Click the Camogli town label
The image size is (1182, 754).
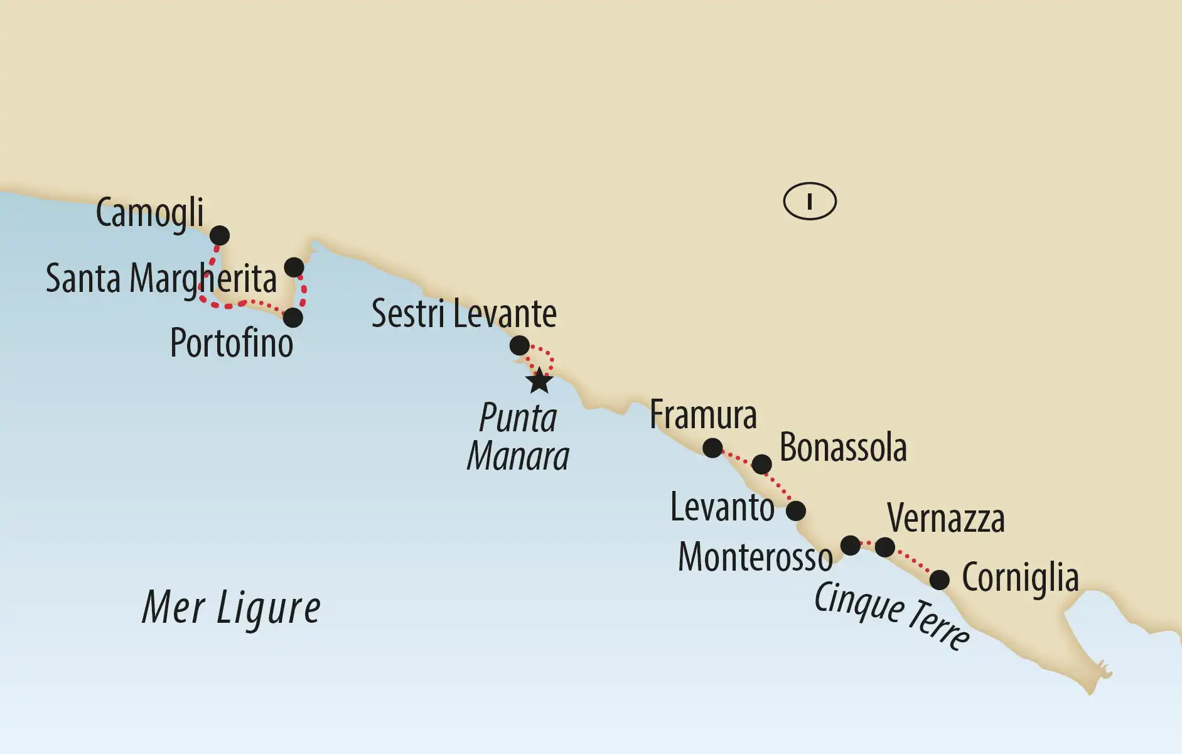pyautogui.click(x=149, y=213)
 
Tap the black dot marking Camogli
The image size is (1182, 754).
pyautogui.click(x=220, y=235)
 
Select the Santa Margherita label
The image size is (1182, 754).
pyautogui.click(x=161, y=279)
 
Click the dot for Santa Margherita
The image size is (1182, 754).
pyautogui.click(x=294, y=267)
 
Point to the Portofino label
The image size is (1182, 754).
pyautogui.click(x=232, y=343)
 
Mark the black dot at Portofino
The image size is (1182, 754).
pyautogui.click(x=293, y=318)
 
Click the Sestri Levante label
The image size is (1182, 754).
pyautogui.click(x=464, y=314)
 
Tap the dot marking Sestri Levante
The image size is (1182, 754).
pyautogui.click(x=519, y=345)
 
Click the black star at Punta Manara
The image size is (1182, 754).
pyautogui.click(x=539, y=381)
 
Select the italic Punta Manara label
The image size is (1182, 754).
pyautogui.click(x=518, y=436)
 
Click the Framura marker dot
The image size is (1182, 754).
pyautogui.click(x=712, y=448)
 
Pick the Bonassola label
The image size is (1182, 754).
pyautogui.click(x=843, y=448)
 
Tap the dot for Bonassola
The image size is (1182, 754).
pyautogui.click(x=761, y=465)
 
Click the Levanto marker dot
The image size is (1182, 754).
pyautogui.click(x=796, y=510)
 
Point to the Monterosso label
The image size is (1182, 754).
pyautogui.click(x=755, y=557)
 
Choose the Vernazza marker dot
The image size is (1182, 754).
pyautogui.click(x=885, y=547)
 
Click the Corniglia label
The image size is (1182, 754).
pyautogui.click(x=1020, y=578)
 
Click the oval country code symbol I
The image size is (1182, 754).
pyautogui.click(x=810, y=202)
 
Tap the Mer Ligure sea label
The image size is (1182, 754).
pyautogui.click(x=231, y=608)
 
